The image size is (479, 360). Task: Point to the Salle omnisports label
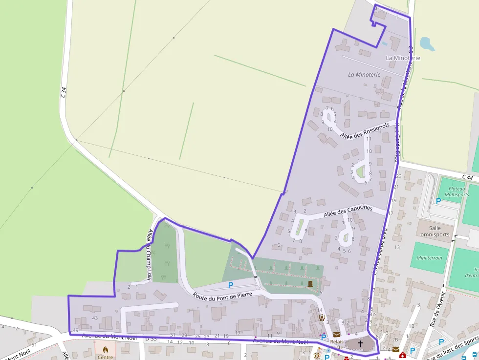point(435,231)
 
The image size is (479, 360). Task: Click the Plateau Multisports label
point(457,191)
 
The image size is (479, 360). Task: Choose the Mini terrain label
point(430,258)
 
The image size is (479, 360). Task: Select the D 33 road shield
point(151,338)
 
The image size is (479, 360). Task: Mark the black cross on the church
point(360,344)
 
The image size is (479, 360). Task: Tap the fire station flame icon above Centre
point(105,349)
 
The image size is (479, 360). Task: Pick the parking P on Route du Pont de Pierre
point(231,285)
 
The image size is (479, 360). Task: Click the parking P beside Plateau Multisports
point(438,201)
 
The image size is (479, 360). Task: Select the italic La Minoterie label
point(364,75)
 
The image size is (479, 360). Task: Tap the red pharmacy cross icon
point(402,355)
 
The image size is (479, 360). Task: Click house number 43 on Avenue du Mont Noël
point(95,318)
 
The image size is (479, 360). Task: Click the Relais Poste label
point(337,344)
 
